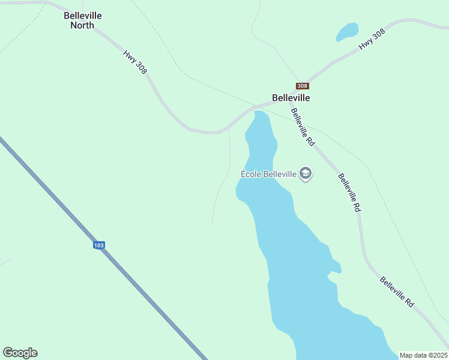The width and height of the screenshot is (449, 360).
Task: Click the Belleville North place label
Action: (83, 20)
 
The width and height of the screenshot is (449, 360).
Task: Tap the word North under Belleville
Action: (82, 25)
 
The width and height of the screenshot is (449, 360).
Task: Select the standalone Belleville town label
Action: (291, 97)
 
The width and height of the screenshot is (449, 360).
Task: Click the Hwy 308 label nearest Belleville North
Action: (135, 62)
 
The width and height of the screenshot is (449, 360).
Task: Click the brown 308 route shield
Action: (303, 86)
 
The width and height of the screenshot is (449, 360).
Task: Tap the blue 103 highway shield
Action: (99, 245)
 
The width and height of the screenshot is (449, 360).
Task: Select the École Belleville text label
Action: (269, 174)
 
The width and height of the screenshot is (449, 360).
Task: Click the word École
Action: (252, 174)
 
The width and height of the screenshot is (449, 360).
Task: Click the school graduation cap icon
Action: (306, 174)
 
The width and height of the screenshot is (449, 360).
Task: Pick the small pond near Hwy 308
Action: (347, 31)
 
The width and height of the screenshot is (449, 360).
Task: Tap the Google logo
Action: (20, 353)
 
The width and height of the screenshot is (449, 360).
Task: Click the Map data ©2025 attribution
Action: (423, 355)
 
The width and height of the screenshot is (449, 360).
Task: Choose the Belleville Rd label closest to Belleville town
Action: (303, 127)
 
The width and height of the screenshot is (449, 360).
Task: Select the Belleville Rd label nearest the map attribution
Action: (397, 292)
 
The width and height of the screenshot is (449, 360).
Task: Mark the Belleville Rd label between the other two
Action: (349, 193)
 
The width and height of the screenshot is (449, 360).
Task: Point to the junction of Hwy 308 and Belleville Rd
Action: (289, 101)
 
